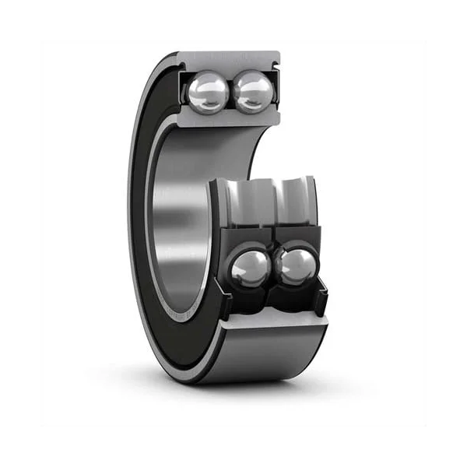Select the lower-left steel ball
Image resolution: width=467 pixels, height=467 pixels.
(251, 269)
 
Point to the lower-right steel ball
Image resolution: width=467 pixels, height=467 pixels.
(294, 267)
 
